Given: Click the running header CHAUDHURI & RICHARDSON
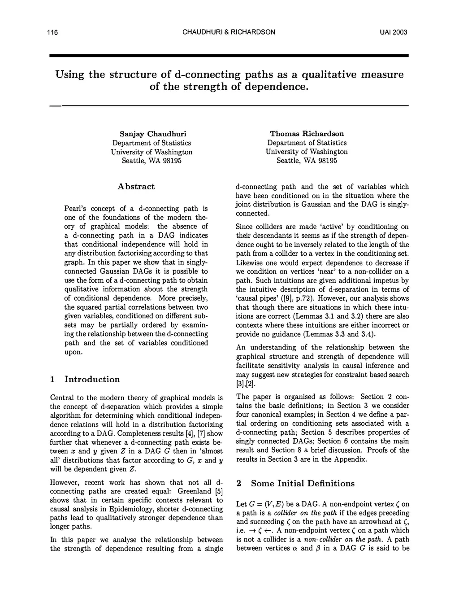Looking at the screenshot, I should pyautogui.click(x=229, y=32).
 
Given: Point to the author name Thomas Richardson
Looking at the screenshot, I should pyautogui.click(x=307, y=134).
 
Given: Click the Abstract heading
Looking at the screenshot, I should pyautogui.click(x=136, y=187).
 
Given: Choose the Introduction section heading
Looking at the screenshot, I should pyautogui.click(x=92, y=380).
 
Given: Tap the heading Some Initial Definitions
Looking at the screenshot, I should pyautogui.click(x=303, y=484).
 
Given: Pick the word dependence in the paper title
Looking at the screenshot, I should pyautogui.click(x=270, y=86).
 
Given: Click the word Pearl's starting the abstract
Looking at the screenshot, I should pyautogui.click(x=77, y=209).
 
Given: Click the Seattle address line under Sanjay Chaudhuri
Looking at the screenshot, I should pyautogui.click(x=152, y=161).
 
